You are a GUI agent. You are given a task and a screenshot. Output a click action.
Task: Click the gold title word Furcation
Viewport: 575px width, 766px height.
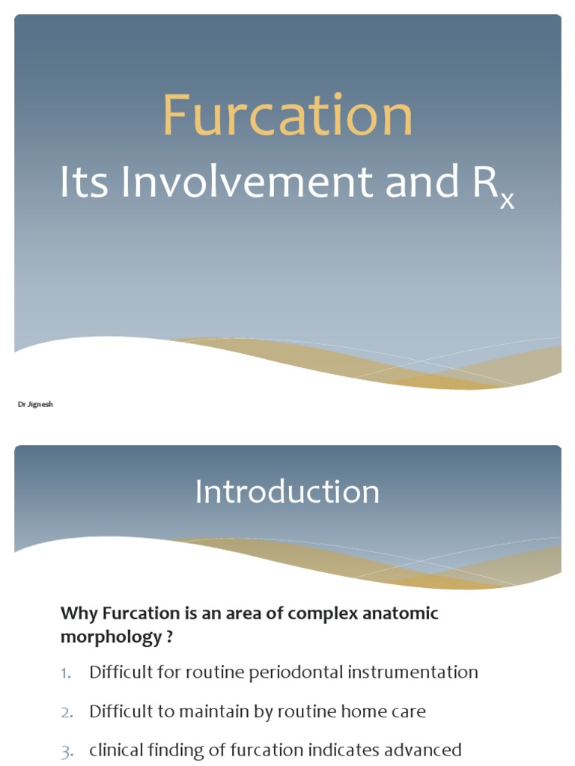point(287,116)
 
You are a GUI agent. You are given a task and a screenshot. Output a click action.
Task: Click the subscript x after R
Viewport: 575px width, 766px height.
point(507,200)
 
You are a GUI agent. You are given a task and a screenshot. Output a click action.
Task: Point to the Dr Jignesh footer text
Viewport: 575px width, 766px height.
point(35,404)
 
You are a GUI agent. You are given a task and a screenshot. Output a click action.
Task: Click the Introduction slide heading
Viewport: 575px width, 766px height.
point(287,491)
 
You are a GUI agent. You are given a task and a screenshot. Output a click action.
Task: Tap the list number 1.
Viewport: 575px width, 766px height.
point(67,672)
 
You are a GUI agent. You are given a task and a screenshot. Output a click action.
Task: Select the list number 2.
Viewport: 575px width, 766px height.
point(67,712)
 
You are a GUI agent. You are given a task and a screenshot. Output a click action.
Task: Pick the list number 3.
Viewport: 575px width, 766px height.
point(67,750)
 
